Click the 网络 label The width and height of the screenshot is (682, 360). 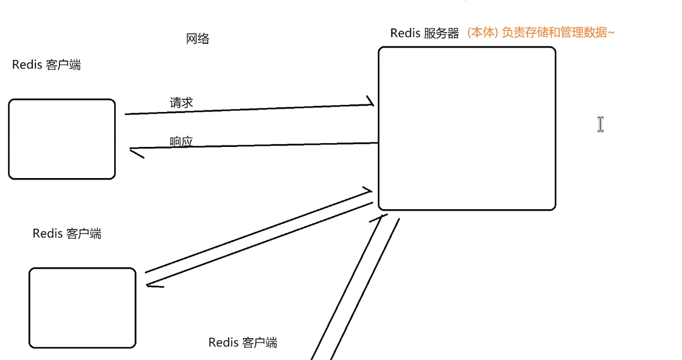point(197,39)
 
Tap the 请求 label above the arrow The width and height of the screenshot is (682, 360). point(181,103)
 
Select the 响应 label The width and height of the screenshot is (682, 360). point(181,142)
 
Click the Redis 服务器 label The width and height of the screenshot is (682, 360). point(424,33)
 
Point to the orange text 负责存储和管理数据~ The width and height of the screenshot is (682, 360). point(558,33)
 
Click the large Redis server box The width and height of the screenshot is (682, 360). point(467,128)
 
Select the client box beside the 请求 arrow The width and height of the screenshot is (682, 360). point(62,139)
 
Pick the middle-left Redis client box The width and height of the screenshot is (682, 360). point(82,308)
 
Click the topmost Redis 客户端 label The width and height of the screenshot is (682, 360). point(46,65)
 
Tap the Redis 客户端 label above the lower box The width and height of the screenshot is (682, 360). point(67,234)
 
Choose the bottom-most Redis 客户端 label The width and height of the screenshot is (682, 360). point(242,343)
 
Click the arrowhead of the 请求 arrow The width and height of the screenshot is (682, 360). point(371,102)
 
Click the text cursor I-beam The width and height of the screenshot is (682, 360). point(601,125)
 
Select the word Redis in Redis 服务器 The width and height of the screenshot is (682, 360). point(405,33)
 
